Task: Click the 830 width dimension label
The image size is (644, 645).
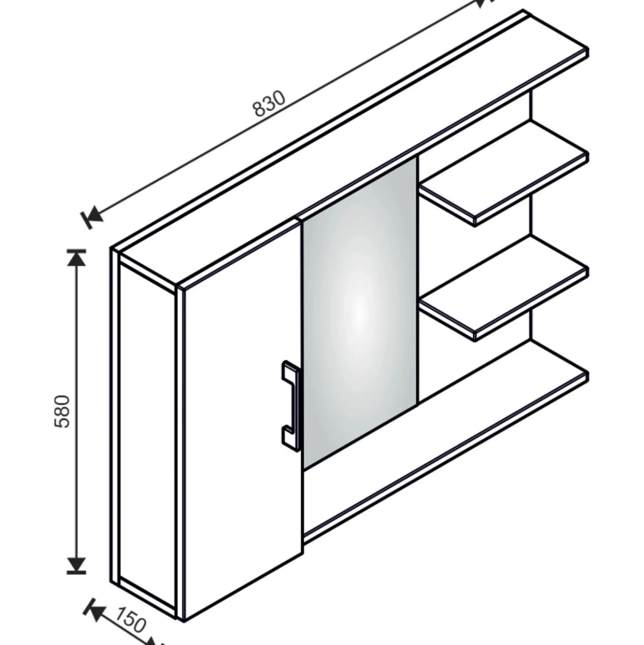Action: (x=269, y=103)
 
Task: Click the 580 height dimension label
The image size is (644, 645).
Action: (x=62, y=412)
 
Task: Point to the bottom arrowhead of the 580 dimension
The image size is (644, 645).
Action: (x=77, y=565)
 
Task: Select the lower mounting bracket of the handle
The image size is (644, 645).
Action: (x=290, y=438)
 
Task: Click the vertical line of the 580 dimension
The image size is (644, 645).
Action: (x=77, y=412)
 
